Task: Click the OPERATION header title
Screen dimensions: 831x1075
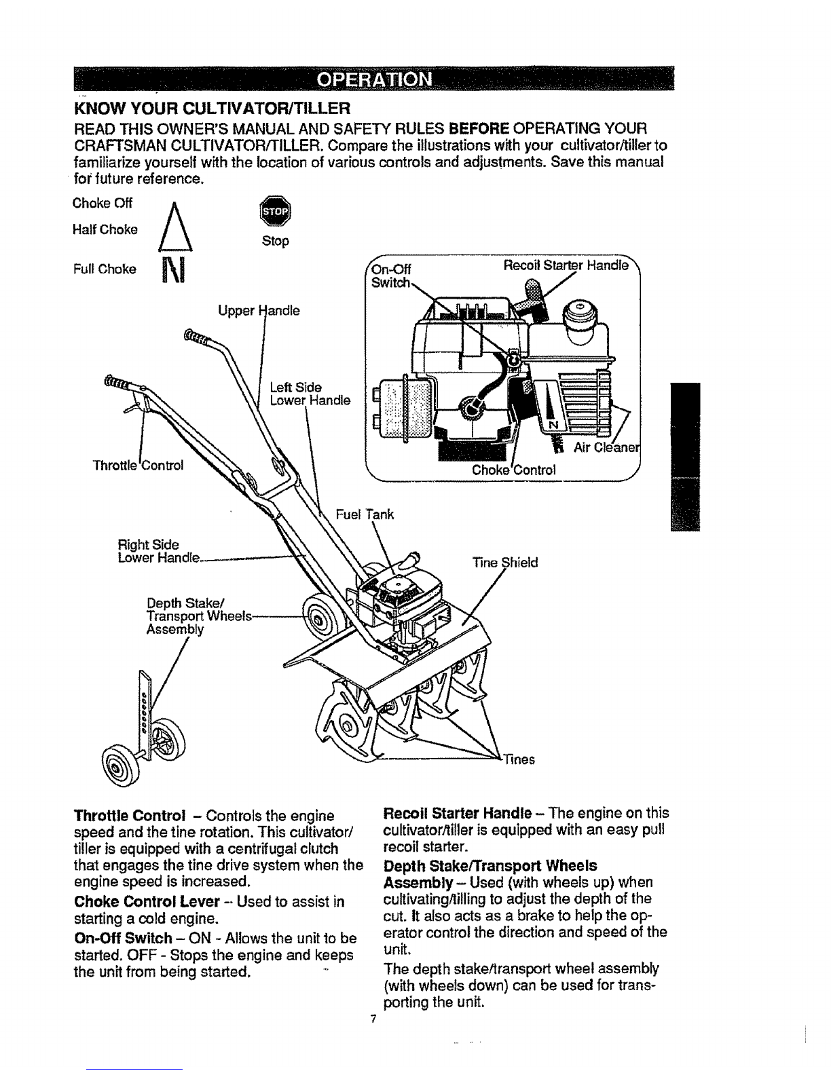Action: (x=374, y=79)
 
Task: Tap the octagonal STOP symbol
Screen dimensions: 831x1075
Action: (x=275, y=211)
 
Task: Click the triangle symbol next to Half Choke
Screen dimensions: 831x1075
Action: (x=175, y=227)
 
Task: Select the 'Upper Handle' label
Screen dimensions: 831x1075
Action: (x=259, y=311)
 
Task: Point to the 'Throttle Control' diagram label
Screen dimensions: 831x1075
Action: (x=138, y=466)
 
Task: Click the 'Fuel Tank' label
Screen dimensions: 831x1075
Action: (x=365, y=514)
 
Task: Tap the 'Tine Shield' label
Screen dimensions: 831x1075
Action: (x=505, y=563)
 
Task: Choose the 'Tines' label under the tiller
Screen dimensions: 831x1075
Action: (x=519, y=759)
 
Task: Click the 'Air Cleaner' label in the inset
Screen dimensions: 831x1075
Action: (x=607, y=448)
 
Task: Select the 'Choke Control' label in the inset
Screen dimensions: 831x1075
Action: (x=514, y=470)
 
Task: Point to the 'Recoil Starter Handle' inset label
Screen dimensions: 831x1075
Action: (x=566, y=265)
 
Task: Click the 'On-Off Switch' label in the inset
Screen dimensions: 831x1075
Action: (x=391, y=276)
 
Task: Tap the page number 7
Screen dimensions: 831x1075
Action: (x=373, y=1019)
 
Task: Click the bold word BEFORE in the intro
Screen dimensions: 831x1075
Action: (x=479, y=129)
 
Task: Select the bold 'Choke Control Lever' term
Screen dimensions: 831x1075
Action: (x=147, y=901)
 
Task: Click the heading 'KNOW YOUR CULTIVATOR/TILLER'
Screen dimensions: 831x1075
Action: (x=213, y=107)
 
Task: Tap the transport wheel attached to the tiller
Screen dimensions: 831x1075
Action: (x=318, y=618)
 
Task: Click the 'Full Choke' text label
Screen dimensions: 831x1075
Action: (x=105, y=269)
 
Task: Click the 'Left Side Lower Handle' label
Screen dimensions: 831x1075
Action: (x=310, y=394)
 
